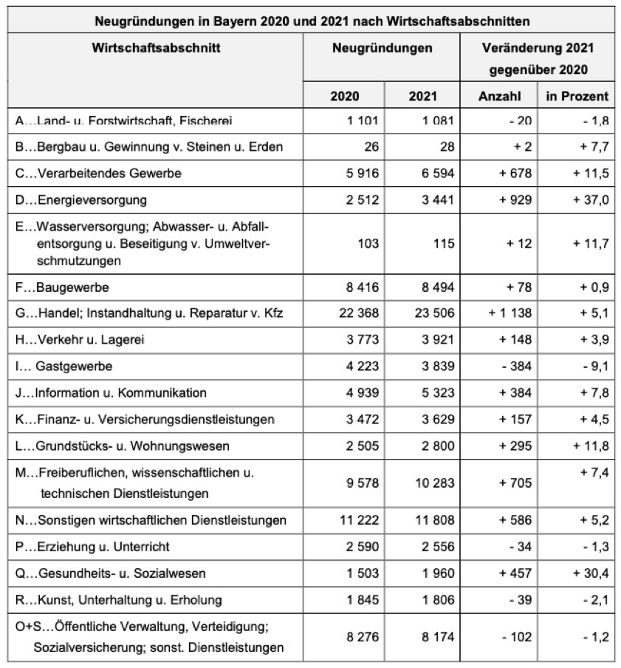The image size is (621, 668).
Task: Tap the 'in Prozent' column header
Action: click(577, 96)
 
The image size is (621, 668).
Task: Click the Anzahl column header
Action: click(500, 96)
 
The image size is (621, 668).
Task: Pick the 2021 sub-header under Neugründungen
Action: click(422, 96)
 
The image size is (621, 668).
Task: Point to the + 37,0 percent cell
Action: click(586, 200)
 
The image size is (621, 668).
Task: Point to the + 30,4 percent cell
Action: click(586, 573)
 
